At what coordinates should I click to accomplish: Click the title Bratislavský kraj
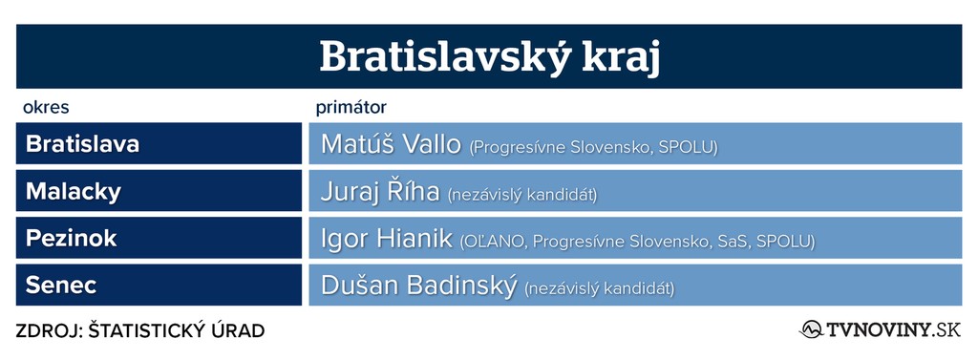(x=490, y=58)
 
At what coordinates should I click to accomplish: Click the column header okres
(x=46, y=108)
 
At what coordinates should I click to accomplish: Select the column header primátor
(x=351, y=108)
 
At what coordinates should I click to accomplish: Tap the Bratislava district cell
(x=159, y=143)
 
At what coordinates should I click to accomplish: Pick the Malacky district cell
(x=159, y=191)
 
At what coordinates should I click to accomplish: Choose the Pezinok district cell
(x=159, y=238)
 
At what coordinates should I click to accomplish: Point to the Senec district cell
(x=159, y=286)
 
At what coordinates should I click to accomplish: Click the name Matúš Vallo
(x=391, y=144)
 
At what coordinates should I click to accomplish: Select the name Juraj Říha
(x=380, y=192)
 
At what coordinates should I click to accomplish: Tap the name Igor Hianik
(x=386, y=239)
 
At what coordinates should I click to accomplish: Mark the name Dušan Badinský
(x=418, y=286)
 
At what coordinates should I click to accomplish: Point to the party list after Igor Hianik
(x=637, y=243)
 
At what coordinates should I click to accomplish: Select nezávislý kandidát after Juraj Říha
(x=522, y=195)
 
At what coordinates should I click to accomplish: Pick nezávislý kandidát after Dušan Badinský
(x=600, y=289)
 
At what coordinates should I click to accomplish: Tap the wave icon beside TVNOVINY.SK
(x=811, y=329)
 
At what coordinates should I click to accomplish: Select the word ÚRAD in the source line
(x=240, y=330)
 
